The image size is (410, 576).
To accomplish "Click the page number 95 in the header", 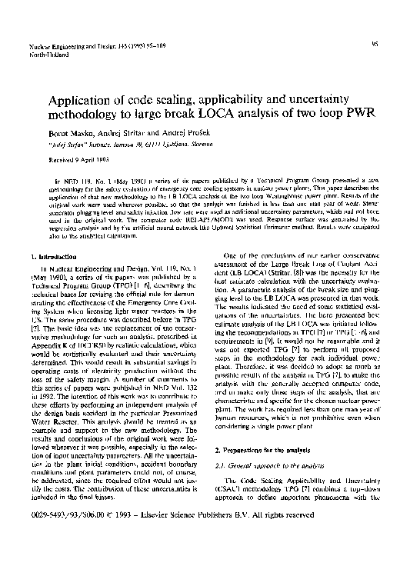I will pos(374,45).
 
